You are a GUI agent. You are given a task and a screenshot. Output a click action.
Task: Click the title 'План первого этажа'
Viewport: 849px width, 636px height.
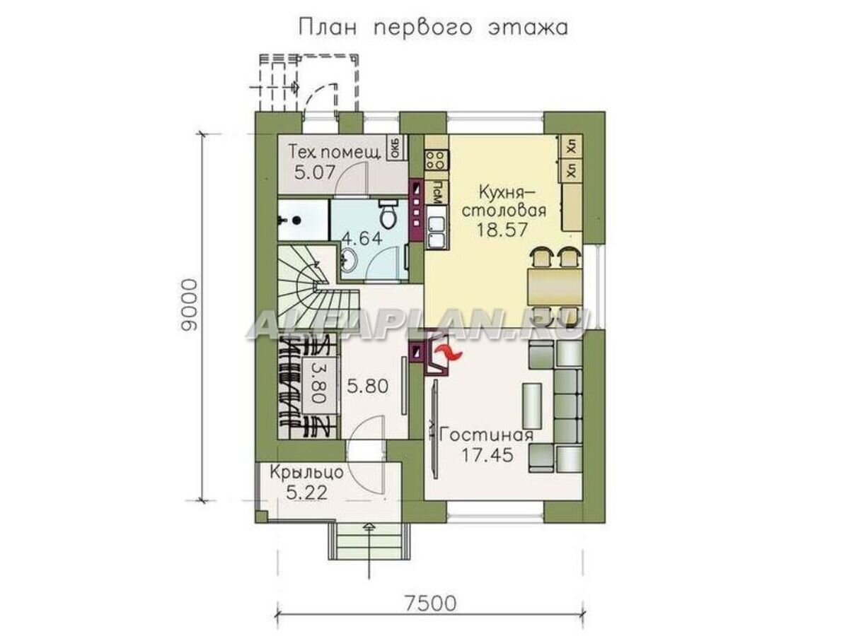tap(433, 29)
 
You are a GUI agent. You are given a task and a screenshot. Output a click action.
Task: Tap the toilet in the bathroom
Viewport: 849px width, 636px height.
tap(388, 211)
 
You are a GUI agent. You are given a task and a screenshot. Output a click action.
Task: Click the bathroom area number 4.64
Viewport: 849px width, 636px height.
tap(362, 238)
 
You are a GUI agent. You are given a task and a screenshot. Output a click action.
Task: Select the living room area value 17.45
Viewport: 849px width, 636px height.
tap(487, 454)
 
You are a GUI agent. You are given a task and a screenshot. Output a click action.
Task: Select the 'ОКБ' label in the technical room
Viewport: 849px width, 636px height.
tap(395, 148)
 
